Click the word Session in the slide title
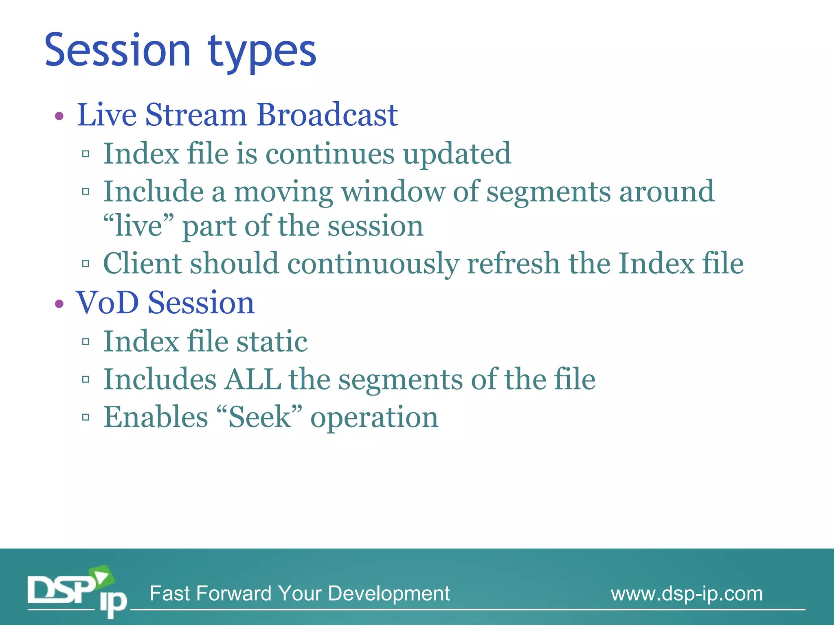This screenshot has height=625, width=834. point(117,50)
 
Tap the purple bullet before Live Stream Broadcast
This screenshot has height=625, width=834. point(59,116)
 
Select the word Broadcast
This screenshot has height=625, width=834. point(327,115)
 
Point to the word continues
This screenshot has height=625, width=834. point(330,154)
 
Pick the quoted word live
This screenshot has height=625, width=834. point(138,226)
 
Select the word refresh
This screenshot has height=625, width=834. point(513,263)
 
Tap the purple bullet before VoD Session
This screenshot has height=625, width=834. point(59,304)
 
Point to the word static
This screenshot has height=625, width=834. point(272,341)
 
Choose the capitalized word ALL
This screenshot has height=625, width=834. point(252,379)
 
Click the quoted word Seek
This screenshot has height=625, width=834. point(259,417)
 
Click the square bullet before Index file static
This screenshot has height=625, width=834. point(86,342)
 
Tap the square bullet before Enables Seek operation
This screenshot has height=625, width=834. point(86,417)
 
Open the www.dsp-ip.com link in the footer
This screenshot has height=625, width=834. point(687,594)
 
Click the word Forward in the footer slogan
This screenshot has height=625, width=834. point(236,593)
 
